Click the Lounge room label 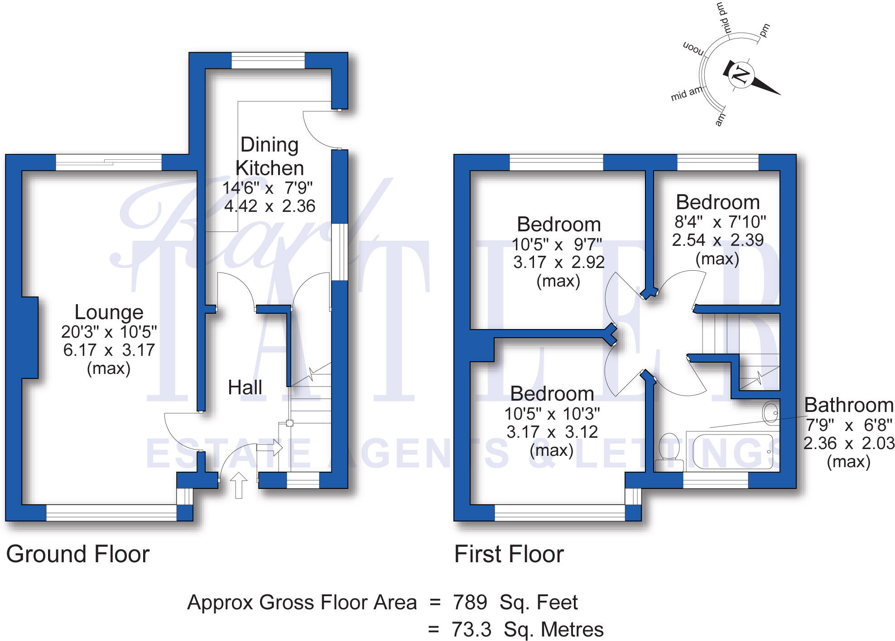[x=109, y=312]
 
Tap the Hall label [x=245, y=387]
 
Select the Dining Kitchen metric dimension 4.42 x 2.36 [x=269, y=206]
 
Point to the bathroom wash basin [x=771, y=412]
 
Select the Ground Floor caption [x=78, y=554]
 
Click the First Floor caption [x=509, y=554]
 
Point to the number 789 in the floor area [x=470, y=603]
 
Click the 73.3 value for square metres [x=472, y=630]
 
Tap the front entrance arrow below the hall [x=239, y=485]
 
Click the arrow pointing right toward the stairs [x=269, y=448]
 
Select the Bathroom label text [x=849, y=405]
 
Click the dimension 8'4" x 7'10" [x=720, y=222]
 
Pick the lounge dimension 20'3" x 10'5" [x=109, y=332]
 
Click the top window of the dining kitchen [x=268, y=61]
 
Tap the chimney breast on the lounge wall [x=29, y=338]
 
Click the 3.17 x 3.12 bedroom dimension [x=552, y=432]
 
